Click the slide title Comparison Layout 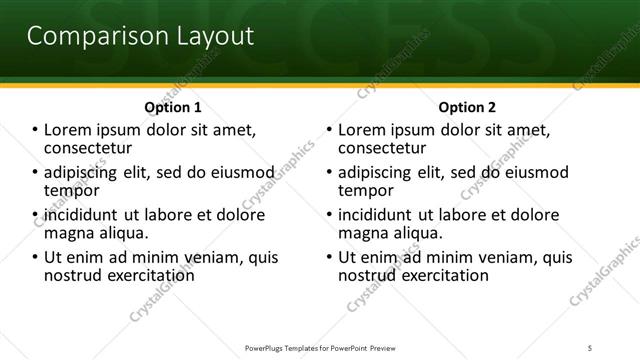(139, 37)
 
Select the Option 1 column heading (173, 107)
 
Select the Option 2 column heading (467, 107)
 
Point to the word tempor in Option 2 (366, 190)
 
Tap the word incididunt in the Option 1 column (78, 215)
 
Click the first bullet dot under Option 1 (35, 131)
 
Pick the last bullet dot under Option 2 (329, 258)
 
